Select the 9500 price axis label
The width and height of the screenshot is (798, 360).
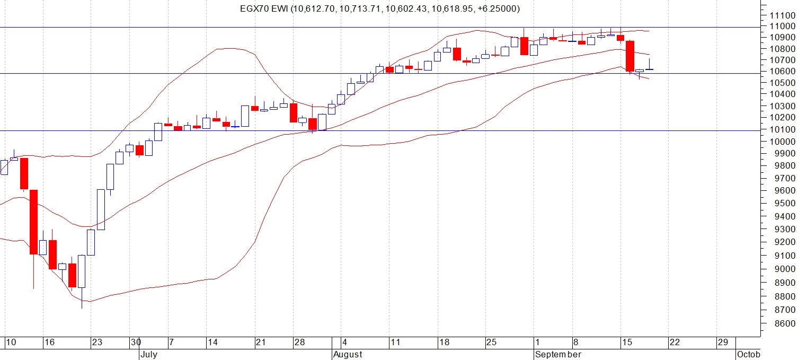coord(779,204)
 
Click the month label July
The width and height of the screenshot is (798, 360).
coord(149,354)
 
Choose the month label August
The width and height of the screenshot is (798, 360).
coord(348,354)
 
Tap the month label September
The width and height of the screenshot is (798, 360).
coord(558,354)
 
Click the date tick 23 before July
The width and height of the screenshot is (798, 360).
coord(96,343)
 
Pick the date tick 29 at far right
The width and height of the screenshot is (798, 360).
coord(723,343)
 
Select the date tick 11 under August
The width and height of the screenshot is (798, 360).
coord(395,343)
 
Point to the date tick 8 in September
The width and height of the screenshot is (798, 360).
coord(576,343)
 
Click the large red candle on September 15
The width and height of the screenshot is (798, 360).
coord(630,56)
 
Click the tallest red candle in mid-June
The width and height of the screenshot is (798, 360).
coord(33,222)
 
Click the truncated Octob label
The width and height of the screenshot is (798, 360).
coord(748,354)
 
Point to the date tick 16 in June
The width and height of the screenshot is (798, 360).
coord(49,343)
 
